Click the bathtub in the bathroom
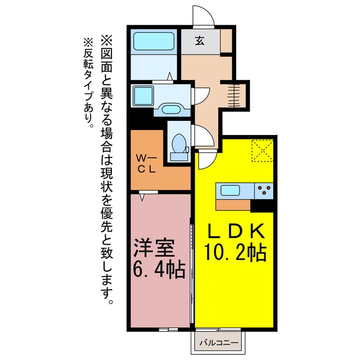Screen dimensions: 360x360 point(154,41)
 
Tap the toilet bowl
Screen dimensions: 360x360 point(179,144)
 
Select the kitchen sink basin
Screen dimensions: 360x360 point(230,191)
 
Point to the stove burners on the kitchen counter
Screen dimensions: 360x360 point(264,191)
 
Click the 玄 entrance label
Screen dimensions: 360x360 point(200,40)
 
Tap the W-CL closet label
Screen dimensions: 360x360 point(146,164)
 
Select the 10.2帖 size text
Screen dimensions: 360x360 point(236,253)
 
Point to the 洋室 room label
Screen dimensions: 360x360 point(154,248)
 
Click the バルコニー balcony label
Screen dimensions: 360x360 point(219,343)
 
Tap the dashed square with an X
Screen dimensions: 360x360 point(262,151)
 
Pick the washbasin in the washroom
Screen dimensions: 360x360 point(170,109)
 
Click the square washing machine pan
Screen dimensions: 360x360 point(143,96)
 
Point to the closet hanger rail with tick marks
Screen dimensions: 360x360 point(234,96)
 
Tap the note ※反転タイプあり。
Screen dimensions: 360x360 point(88,82)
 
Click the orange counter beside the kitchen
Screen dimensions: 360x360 point(233,205)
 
